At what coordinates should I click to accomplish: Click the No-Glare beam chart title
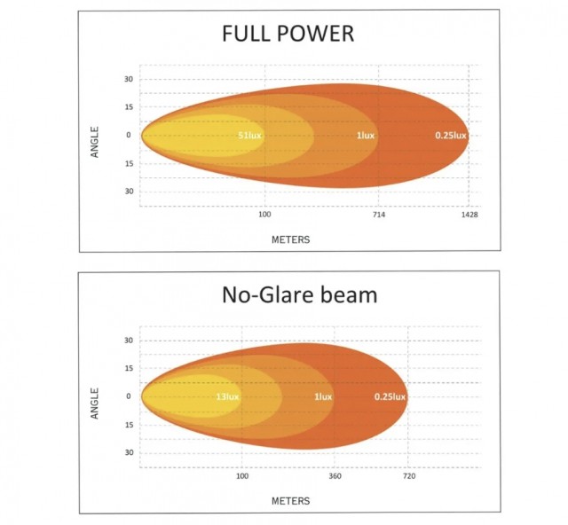pos(299,294)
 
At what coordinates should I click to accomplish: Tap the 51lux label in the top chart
pos(249,136)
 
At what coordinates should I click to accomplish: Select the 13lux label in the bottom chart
pos(227,396)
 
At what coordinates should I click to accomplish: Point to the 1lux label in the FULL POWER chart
pos(365,136)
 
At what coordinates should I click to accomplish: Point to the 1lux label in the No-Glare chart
pos(322,396)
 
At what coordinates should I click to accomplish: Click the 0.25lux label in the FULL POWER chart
pos(450,136)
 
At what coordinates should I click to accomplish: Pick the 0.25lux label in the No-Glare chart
pos(390,396)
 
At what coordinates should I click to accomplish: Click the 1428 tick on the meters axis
pos(469,215)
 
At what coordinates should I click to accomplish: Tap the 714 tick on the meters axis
pos(379,215)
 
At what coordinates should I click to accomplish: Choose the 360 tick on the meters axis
pos(335,476)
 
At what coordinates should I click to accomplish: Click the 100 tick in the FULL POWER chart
pos(264,215)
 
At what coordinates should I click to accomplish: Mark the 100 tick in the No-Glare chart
pos(242,476)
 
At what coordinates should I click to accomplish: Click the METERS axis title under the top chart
pos(290,239)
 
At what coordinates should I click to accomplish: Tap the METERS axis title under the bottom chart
pos(290,501)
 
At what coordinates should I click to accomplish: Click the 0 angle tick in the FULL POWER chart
pos(129,136)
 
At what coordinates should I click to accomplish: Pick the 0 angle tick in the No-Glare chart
pos(129,396)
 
